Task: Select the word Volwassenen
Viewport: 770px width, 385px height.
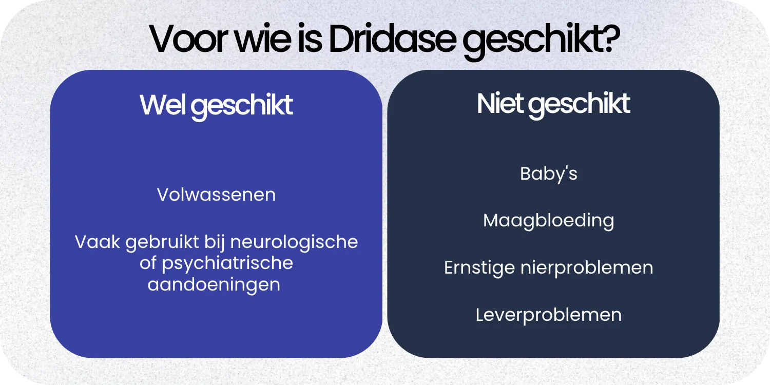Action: (x=216, y=195)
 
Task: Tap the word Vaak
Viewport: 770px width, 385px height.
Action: (x=98, y=241)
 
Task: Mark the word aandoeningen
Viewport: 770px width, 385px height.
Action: (x=214, y=284)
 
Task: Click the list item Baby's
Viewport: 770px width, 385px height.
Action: (x=548, y=174)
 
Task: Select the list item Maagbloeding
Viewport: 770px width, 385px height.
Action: (x=548, y=221)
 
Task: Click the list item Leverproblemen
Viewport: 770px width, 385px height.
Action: (x=548, y=315)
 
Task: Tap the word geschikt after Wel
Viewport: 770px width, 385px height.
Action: (x=244, y=106)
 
